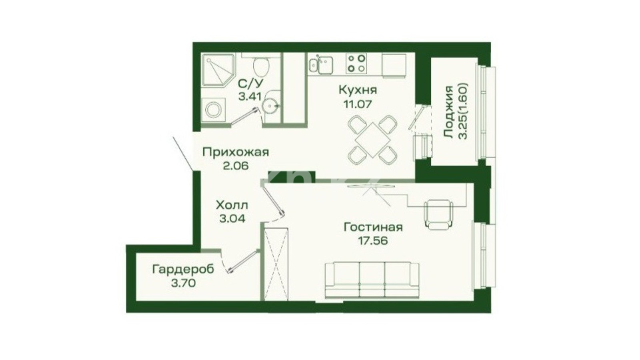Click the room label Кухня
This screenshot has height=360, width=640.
tap(358, 90)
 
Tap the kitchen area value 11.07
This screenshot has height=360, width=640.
tap(358, 104)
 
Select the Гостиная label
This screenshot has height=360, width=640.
tap(373, 228)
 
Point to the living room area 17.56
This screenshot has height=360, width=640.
tap(373, 241)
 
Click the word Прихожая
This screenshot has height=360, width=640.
tap(236, 152)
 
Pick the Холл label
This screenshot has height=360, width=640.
tap(232, 205)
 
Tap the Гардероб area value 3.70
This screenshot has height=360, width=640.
tap(183, 284)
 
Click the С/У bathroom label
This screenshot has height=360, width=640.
tap(250, 84)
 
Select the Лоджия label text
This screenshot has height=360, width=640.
tap(448, 112)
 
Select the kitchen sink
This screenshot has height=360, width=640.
tap(321, 65)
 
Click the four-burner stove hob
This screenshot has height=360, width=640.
tap(356, 64)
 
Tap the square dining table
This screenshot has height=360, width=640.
tap(372, 140)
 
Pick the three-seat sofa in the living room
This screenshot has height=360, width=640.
tap(372, 280)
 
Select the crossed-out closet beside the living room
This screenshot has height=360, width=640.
tap(276, 264)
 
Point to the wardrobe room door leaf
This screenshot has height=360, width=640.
tap(243, 262)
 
